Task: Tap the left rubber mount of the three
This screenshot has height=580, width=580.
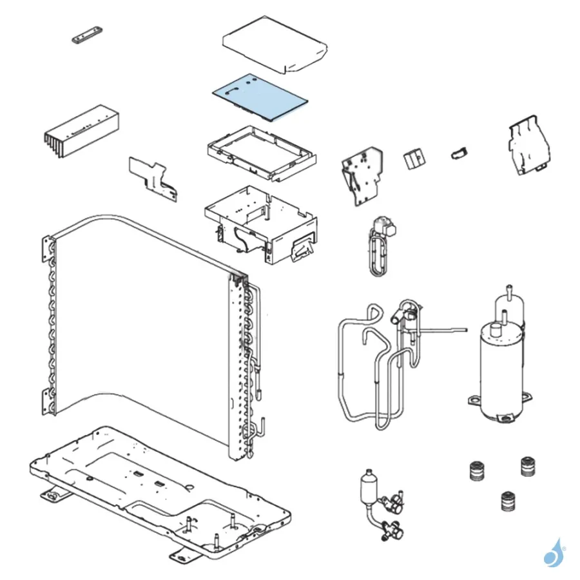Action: (478, 470)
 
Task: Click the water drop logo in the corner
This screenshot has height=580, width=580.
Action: (552, 553)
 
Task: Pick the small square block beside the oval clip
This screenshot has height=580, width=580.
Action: (413, 159)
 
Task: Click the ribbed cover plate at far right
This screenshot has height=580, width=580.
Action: (529, 146)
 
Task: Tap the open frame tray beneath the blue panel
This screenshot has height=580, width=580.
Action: (262, 153)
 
